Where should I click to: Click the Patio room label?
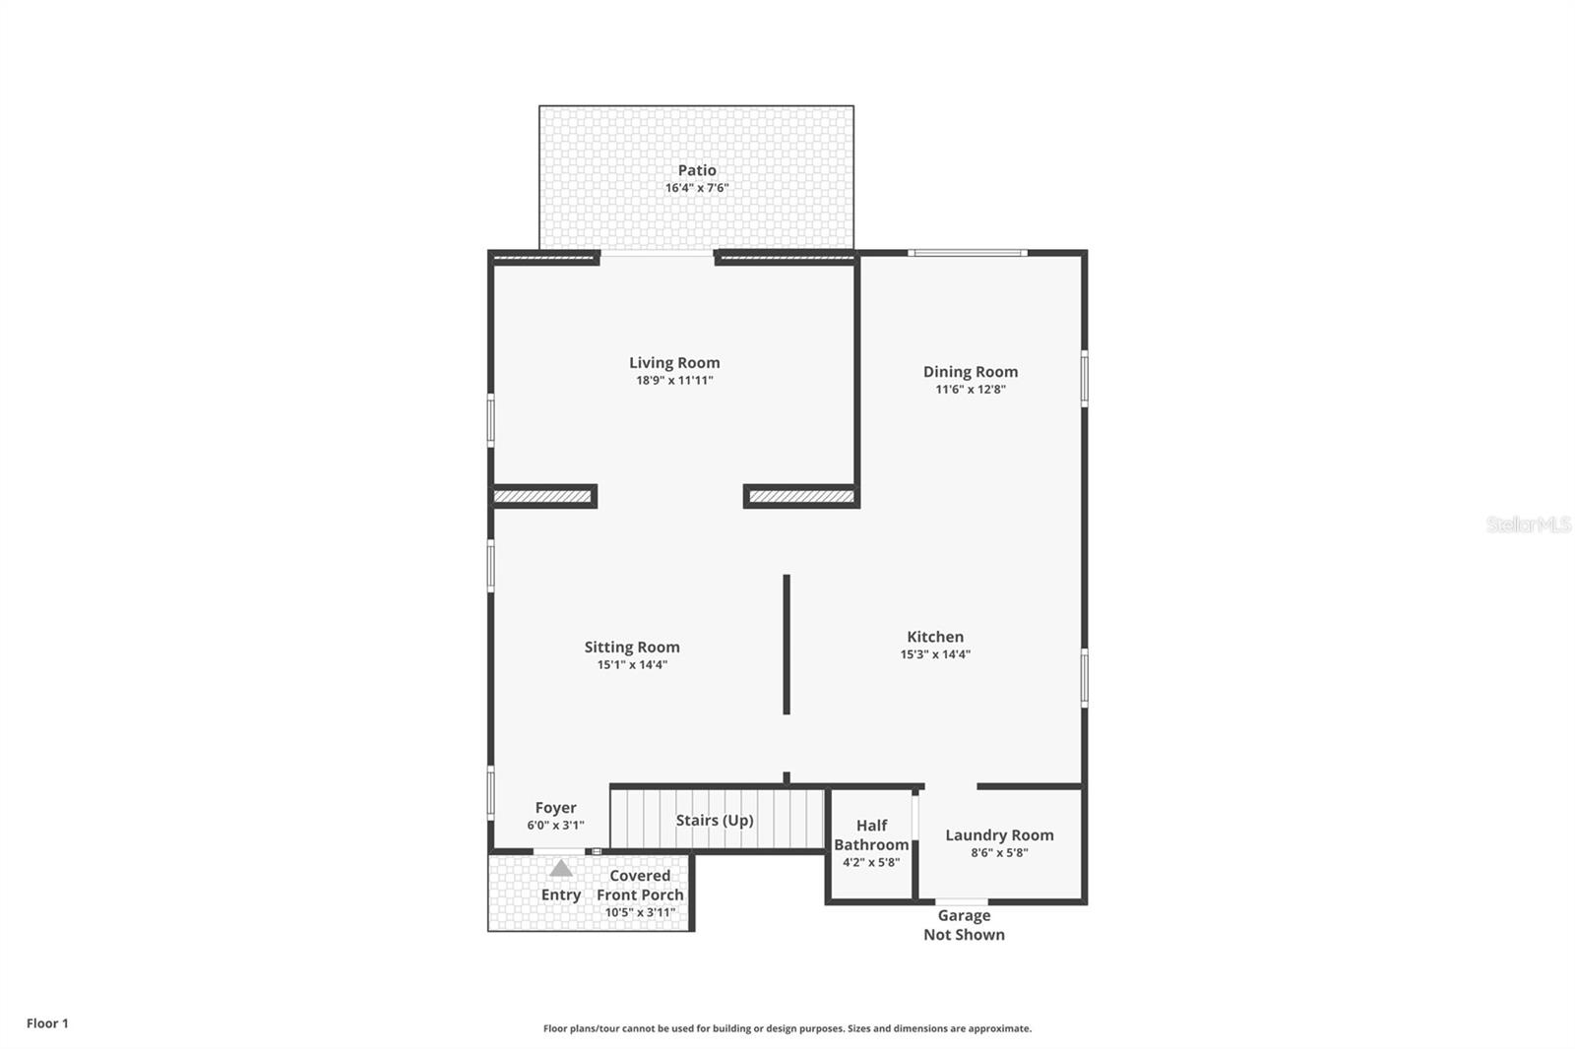tap(697, 170)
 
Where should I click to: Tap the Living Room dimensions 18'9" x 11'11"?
tap(674, 381)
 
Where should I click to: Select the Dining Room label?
tap(971, 372)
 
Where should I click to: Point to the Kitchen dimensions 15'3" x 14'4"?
tap(935, 653)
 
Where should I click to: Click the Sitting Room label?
tap(631, 647)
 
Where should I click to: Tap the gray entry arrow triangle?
tap(560, 868)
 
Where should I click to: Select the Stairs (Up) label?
tap(715, 820)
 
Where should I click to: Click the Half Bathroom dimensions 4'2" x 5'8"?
tap(871, 862)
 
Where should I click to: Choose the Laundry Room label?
tap(999, 835)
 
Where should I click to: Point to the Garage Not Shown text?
tap(964, 925)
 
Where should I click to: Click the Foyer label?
tap(555, 808)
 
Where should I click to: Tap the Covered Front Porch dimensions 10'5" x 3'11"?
tap(640, 912)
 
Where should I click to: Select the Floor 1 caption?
tap(48, 1023)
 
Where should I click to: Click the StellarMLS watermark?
tap(1528, 524)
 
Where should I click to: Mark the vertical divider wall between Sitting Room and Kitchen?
tap(787, 644)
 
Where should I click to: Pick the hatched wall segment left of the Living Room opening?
tap(542, 496)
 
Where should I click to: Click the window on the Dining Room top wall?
tap(968, 252)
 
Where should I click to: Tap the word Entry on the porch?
tap(560, 895)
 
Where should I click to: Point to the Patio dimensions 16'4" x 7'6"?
tap(697, 188)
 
